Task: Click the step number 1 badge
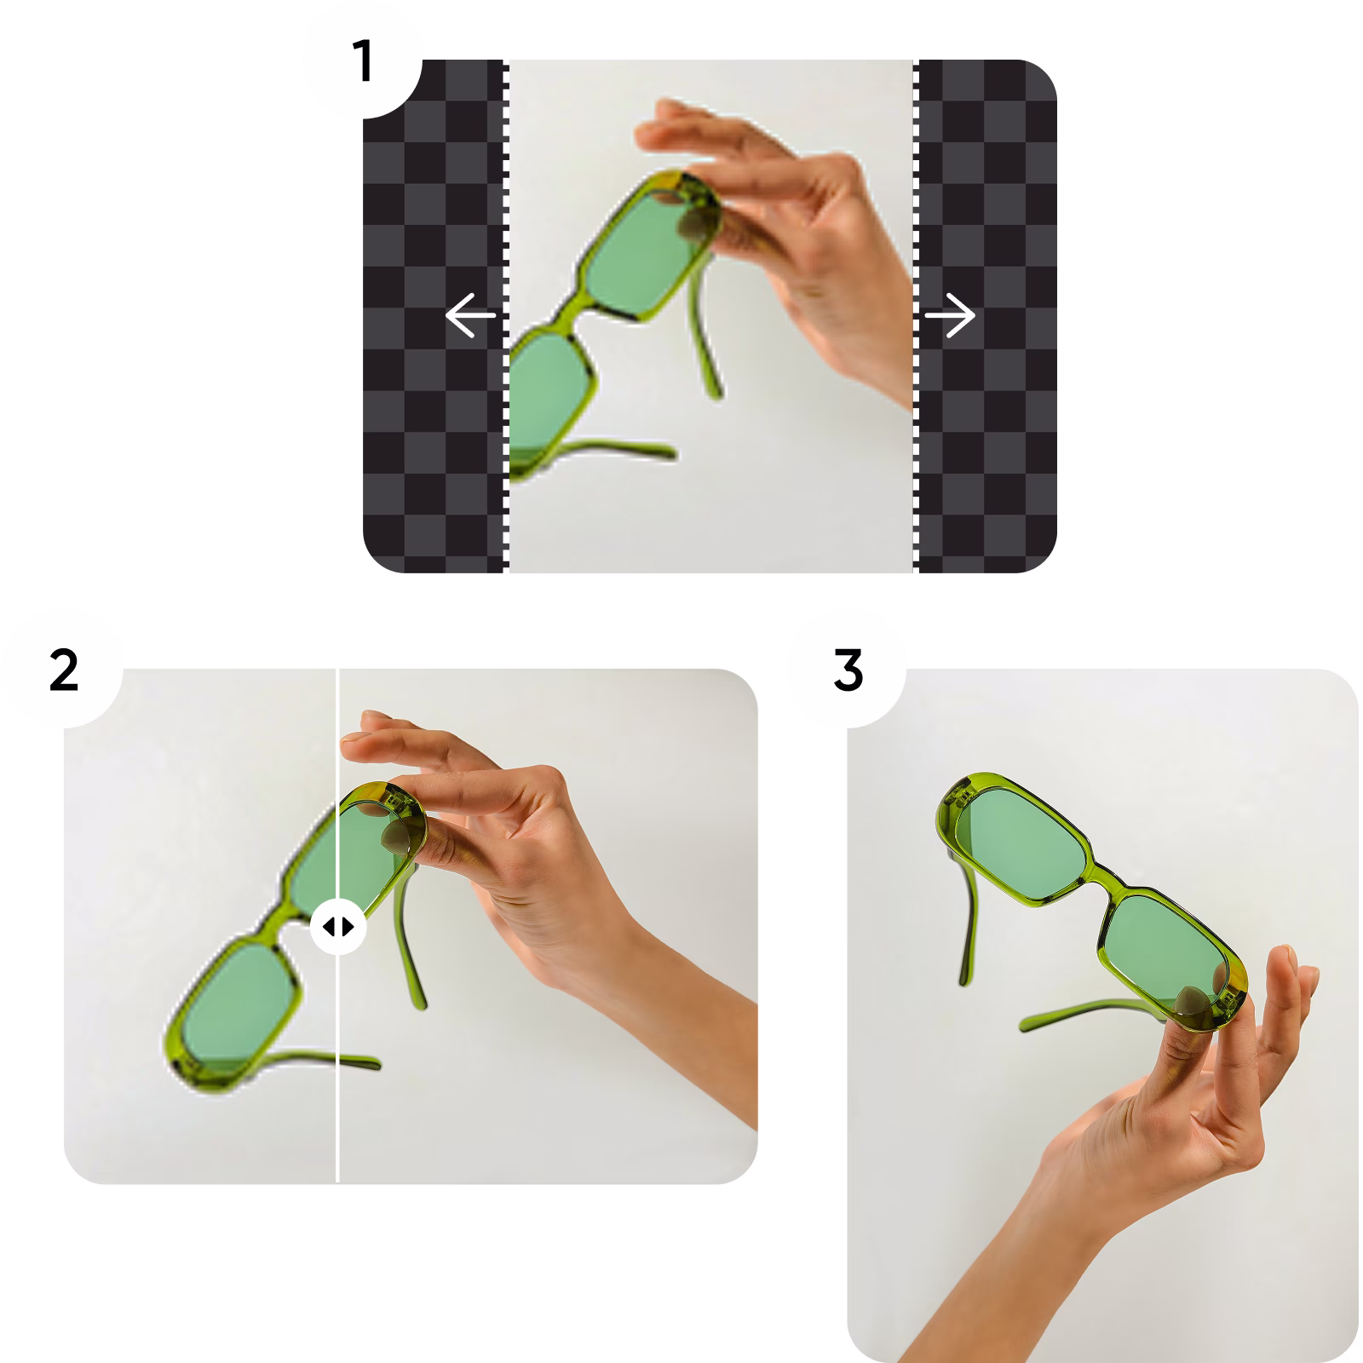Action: tap(364, 62)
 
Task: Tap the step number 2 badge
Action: tap(64, 670)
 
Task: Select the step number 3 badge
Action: tap(848, 670)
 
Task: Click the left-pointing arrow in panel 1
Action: tap(470, 315)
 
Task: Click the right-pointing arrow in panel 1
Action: tap(950, 315)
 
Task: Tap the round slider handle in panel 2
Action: tap(338, 926)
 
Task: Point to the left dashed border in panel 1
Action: tap(506, 315)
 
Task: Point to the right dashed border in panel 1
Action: tap(917, 315)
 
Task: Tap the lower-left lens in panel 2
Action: tap(234, 1005)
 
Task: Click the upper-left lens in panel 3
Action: tap(1018, 839)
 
